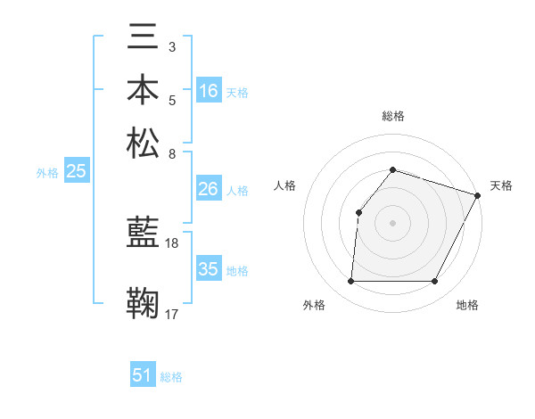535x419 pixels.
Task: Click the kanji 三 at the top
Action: (144, 38)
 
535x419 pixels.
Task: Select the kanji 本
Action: (144, 90)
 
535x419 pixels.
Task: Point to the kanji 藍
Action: (144, 234)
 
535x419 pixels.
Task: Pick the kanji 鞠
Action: (144, 303)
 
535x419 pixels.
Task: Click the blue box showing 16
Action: (209, 90)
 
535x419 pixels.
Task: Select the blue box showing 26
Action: (209, 189)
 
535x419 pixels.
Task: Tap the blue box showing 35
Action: (209, 269)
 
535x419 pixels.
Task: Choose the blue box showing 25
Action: (76, 172)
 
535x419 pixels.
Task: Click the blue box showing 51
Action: (143, 375)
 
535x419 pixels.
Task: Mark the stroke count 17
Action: (172, 313)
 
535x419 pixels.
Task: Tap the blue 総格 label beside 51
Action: (171, 377)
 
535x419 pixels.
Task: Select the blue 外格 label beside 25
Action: (47, 173)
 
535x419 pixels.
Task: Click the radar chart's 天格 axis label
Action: (501, 185)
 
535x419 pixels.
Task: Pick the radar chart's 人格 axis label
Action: (284, 185)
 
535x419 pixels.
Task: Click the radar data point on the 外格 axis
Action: (350, 282)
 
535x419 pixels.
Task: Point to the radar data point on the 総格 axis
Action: (392, 169)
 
